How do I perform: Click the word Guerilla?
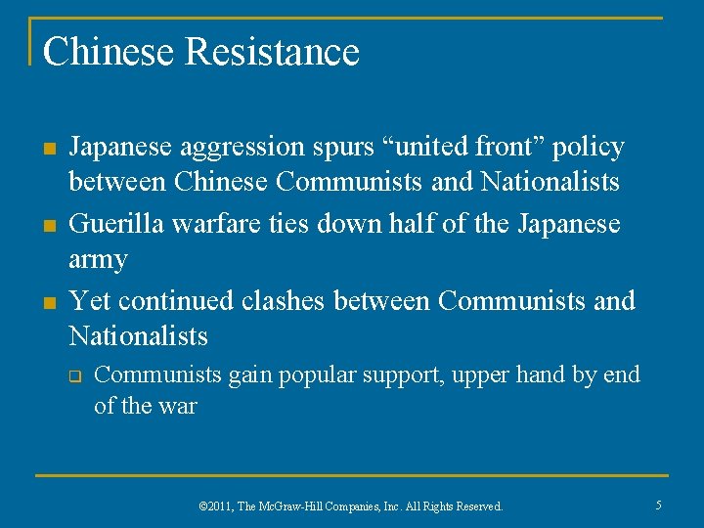[x=115, y=224]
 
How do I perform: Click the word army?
[x=98, y=261]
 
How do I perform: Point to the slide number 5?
[x=658, y=506]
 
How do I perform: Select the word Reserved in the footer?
[x=477, y=506]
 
